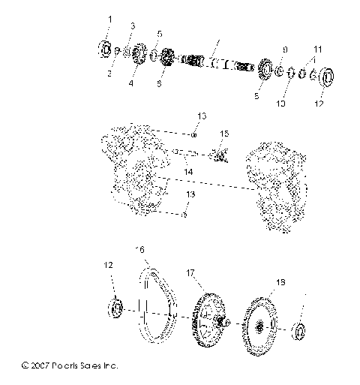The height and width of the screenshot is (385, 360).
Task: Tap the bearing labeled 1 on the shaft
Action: (105, 50)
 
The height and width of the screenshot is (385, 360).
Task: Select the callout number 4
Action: (130, 84)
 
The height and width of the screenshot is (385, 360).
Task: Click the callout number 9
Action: (284, 50)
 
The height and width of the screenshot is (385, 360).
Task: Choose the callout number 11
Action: (318, 47)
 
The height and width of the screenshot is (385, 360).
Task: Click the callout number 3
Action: (131, 26)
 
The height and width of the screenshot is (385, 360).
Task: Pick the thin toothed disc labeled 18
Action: (259, 326)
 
